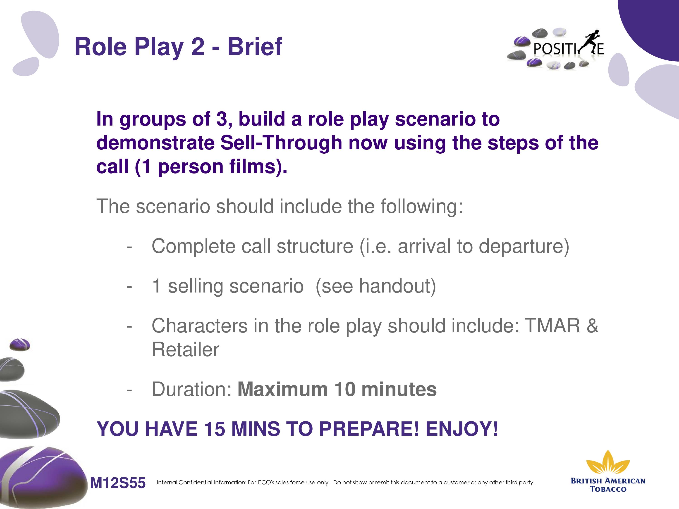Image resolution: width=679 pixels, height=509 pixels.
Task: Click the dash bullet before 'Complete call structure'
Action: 129,247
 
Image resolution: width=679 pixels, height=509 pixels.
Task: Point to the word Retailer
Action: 186,350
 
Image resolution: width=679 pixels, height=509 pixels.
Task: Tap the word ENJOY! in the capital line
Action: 462,429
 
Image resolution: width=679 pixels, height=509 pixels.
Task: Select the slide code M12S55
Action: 117,483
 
